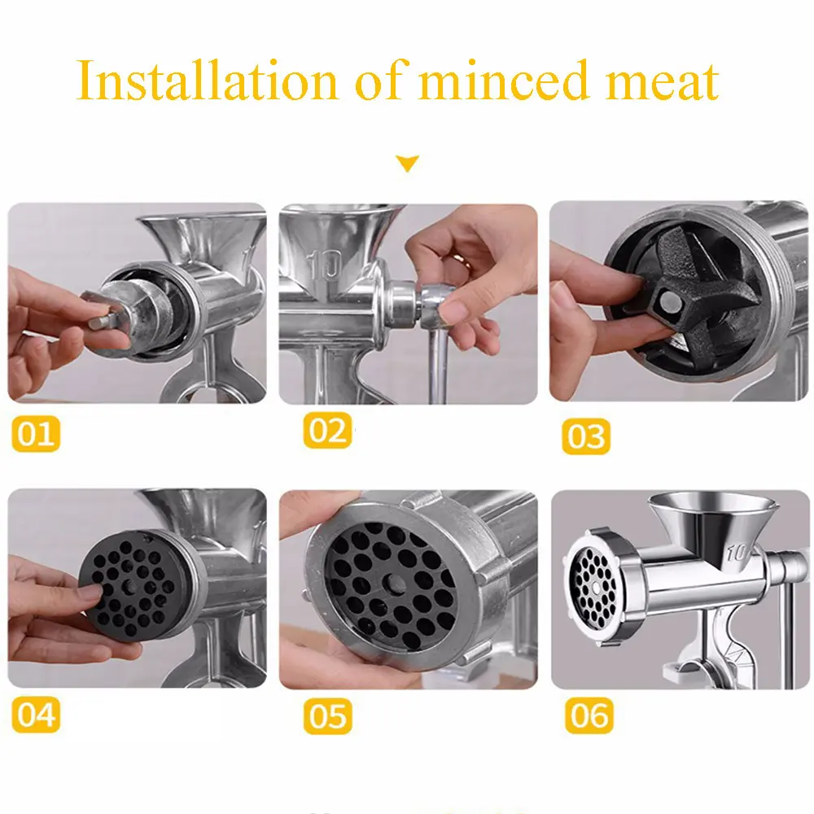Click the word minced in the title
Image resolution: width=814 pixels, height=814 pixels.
503,81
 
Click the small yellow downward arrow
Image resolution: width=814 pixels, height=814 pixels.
408,163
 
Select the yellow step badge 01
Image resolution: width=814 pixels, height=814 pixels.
36,434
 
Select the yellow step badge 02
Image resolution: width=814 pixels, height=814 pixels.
327,431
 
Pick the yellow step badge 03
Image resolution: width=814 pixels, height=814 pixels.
586,436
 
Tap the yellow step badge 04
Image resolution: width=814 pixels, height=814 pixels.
36,715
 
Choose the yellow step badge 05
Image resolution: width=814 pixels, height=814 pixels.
327,716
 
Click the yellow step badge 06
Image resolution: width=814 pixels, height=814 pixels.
589,716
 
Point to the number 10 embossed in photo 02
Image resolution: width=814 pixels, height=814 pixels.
324,265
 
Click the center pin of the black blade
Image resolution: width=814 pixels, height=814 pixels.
670,302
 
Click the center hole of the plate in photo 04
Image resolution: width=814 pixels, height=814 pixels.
129,585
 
